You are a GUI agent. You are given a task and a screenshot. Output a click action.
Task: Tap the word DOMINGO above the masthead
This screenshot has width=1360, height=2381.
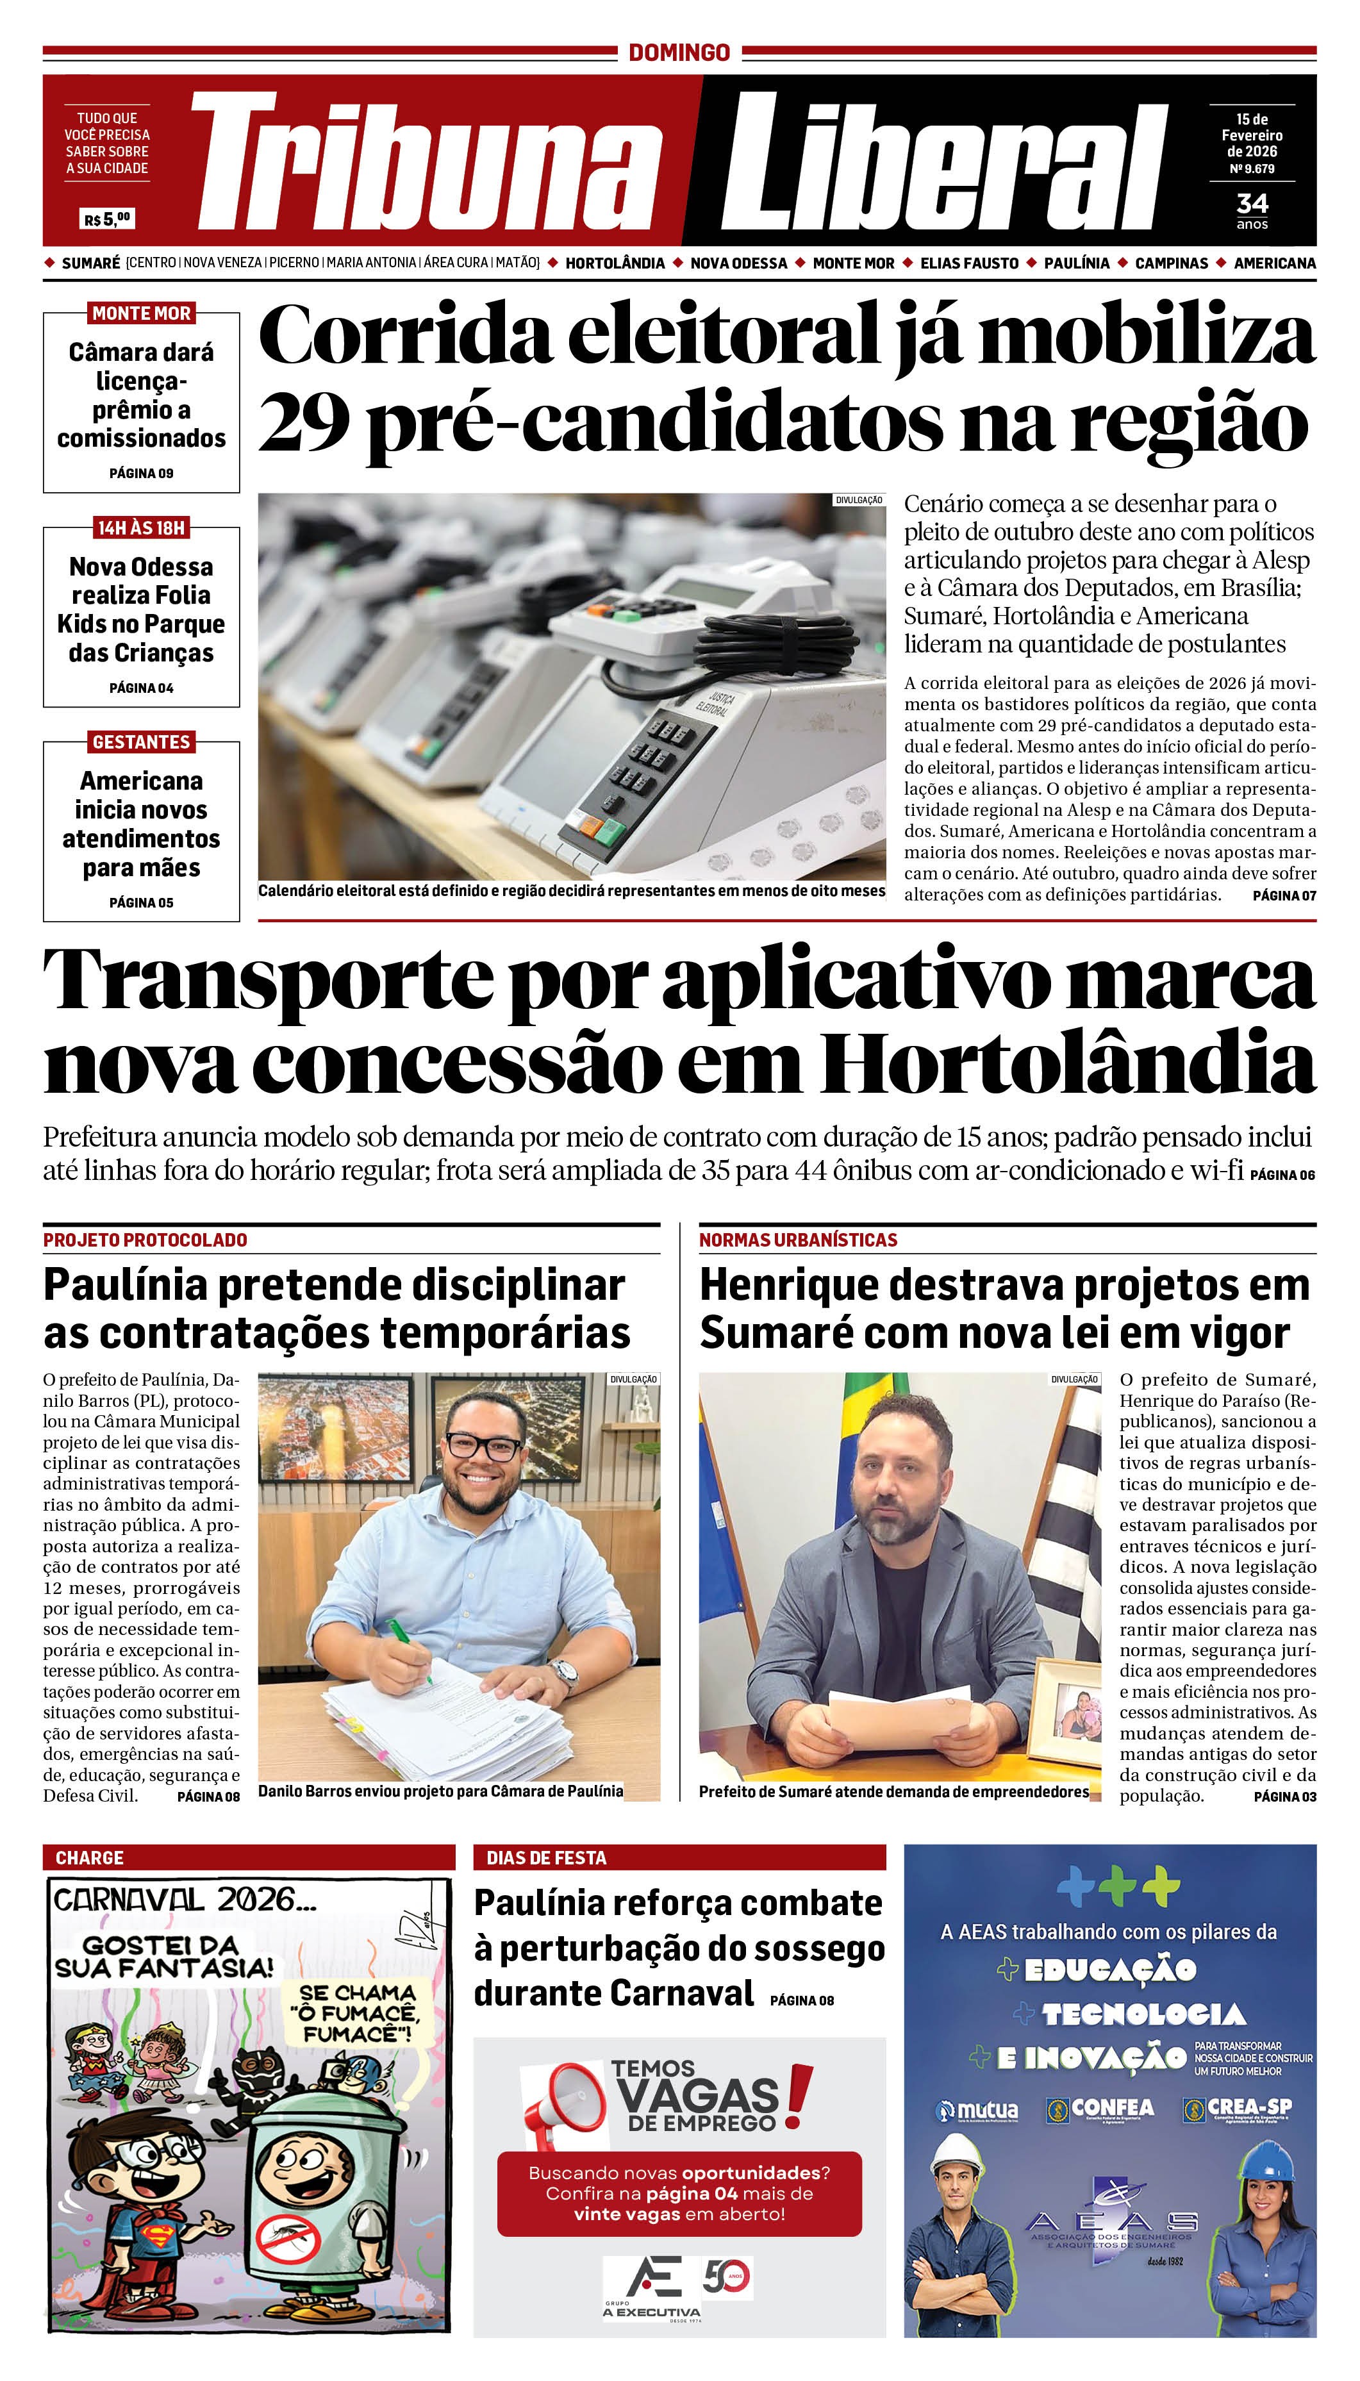click(x=679, y=53)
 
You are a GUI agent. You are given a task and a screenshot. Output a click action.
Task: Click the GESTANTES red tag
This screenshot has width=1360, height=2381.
click(x=141, y=742)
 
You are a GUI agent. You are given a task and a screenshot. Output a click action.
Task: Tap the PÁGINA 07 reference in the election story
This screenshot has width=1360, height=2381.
click(x=1284, y=895)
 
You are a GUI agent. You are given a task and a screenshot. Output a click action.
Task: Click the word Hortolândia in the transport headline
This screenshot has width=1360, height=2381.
click(x=1068, y=1064)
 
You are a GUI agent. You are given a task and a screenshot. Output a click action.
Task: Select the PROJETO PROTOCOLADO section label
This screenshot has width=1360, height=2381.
click(x=145, y=1240)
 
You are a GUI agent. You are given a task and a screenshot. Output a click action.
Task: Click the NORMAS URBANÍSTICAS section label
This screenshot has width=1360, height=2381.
click(x=798, y=1240)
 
